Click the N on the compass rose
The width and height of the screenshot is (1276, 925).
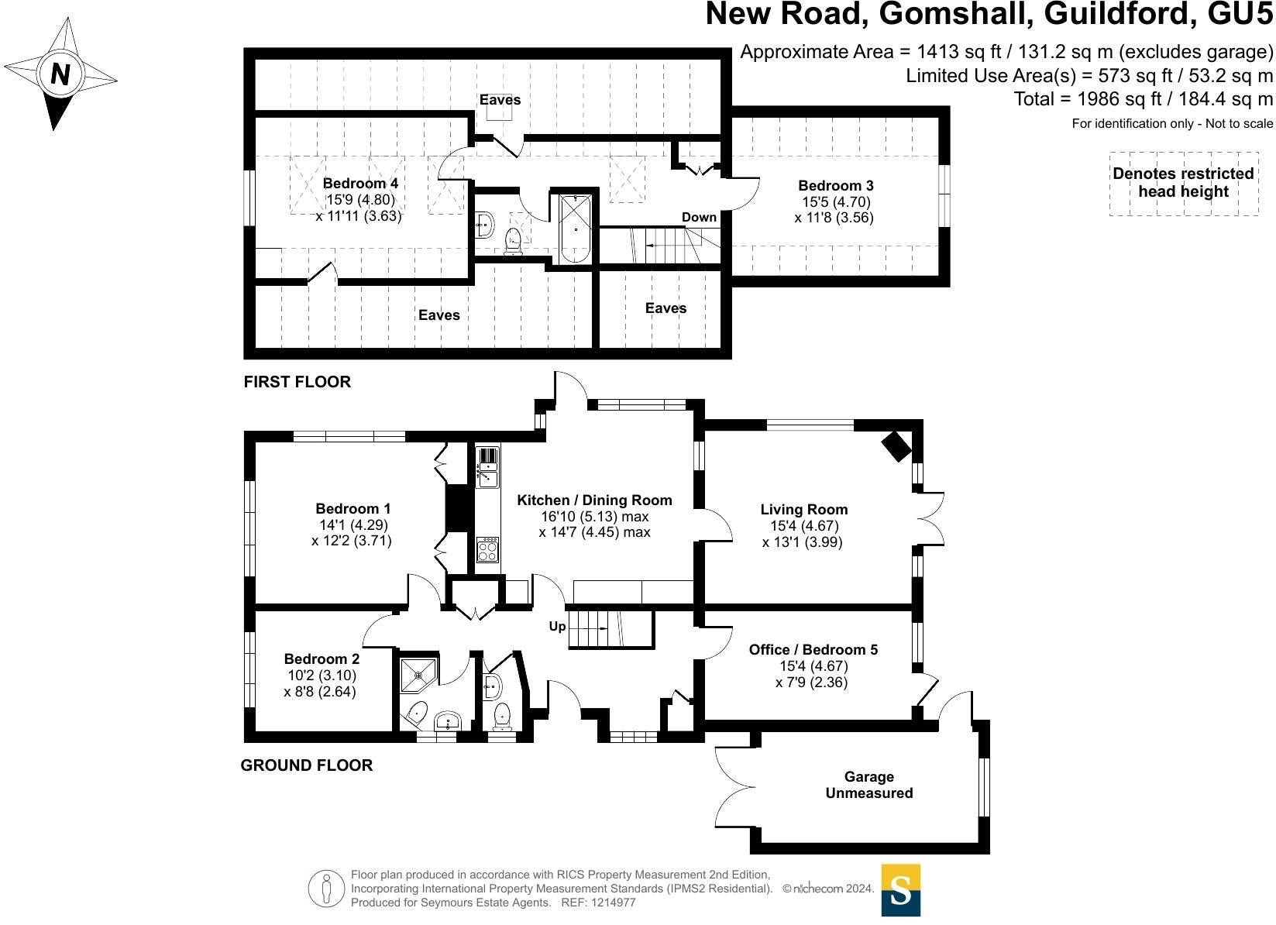coord(60,74)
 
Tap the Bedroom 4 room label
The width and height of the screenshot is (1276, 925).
coord(360,183)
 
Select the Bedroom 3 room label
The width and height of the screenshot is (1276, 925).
coord(836,185)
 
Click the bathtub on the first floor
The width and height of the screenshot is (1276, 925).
coord(575,229)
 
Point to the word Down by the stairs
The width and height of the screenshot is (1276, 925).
coord(699,217)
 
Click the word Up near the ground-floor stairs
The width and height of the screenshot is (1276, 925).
coord(557,627)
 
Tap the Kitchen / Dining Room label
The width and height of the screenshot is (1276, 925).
coord(594,500)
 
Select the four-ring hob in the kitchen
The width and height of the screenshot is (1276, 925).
coord(488,549)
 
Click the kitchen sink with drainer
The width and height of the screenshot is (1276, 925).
coord(487,468)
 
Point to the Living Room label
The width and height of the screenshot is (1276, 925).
coord(803,509)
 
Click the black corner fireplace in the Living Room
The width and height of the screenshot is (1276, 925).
coord(896,446)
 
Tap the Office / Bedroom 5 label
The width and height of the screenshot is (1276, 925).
coord(813,649)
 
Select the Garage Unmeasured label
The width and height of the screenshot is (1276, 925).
coord(868,785)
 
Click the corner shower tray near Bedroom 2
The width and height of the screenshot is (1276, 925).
coord(418,676)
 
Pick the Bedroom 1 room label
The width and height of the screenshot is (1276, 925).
coord(353,508)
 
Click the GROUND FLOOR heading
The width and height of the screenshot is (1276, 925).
coord(307,765)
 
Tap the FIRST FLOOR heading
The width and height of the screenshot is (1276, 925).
coord(298,382)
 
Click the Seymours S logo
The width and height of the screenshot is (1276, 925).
coord(900,890)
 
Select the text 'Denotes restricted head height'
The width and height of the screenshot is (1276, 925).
coord(1183,182)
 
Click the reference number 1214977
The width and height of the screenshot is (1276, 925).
coord(614,903)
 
